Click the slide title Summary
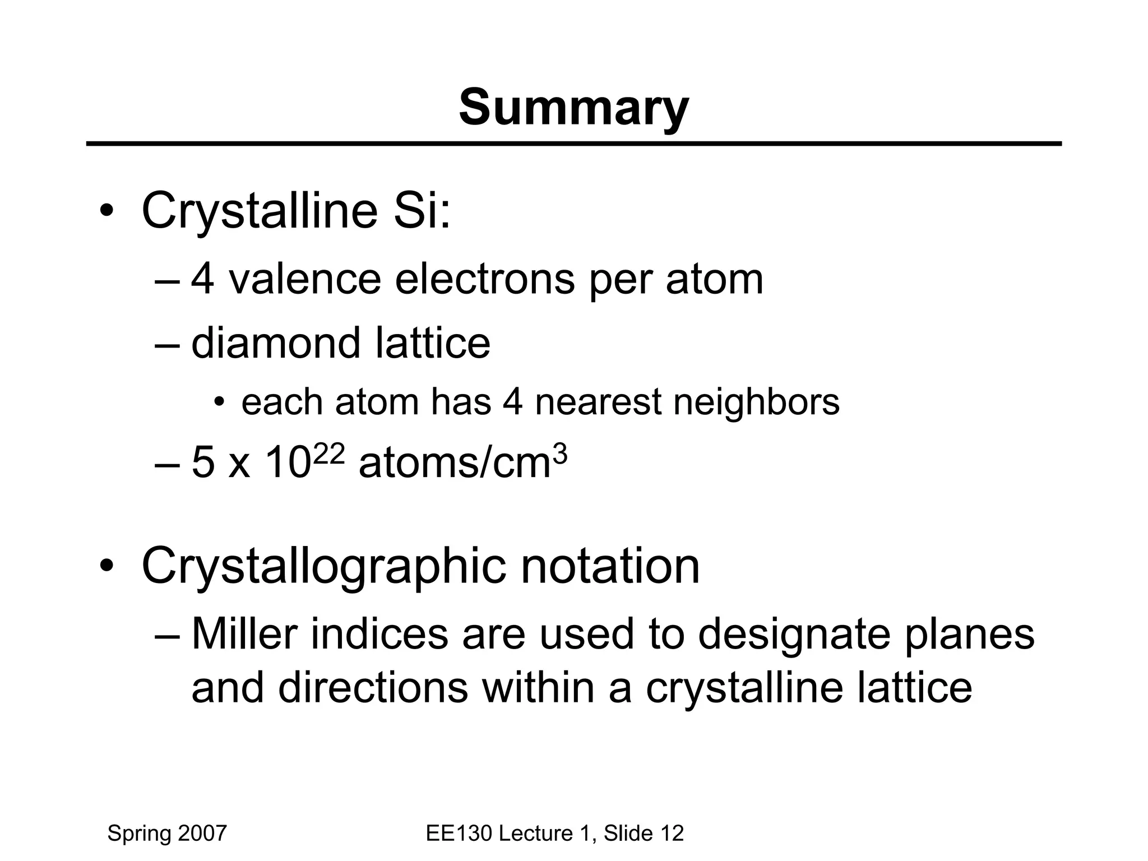tap(573, 108)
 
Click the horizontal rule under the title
tap(573, 144)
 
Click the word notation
tap(610, 566)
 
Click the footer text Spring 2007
tap(166, 834)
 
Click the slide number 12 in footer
tap(672, 834)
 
